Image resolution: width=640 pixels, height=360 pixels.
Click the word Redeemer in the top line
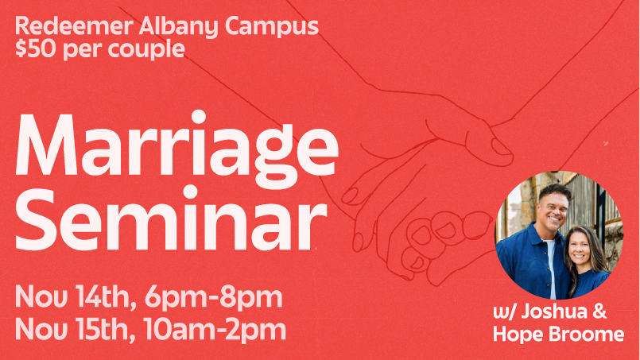[74, 26]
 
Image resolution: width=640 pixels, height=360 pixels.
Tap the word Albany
[178, 27]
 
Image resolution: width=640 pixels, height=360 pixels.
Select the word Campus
[271, 27]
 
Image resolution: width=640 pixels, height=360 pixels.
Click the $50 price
[36, 48]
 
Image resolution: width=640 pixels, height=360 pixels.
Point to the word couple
[146, 49]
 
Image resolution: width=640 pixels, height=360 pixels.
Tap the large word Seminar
[172, 218]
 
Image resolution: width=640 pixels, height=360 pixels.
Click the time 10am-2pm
[215, 331]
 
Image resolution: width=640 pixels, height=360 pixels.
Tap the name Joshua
[554, 312]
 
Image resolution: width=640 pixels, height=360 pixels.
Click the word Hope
[517, 335]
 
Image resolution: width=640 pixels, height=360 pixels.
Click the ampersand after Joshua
[599, 312]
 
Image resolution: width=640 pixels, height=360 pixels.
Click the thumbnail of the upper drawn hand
[501, 147]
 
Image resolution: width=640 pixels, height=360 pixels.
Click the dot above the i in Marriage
[198, 116]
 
